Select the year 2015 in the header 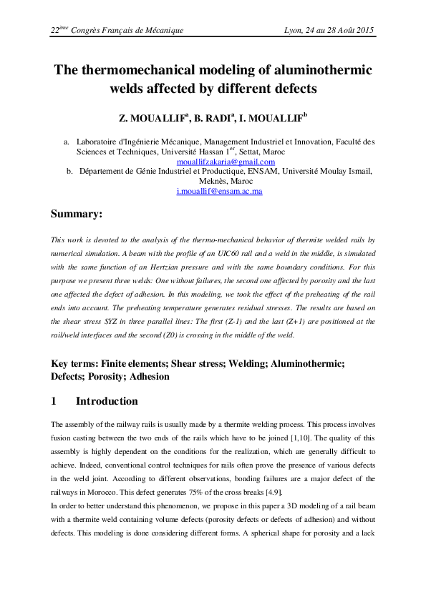point(364,31)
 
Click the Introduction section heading point(107,402)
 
